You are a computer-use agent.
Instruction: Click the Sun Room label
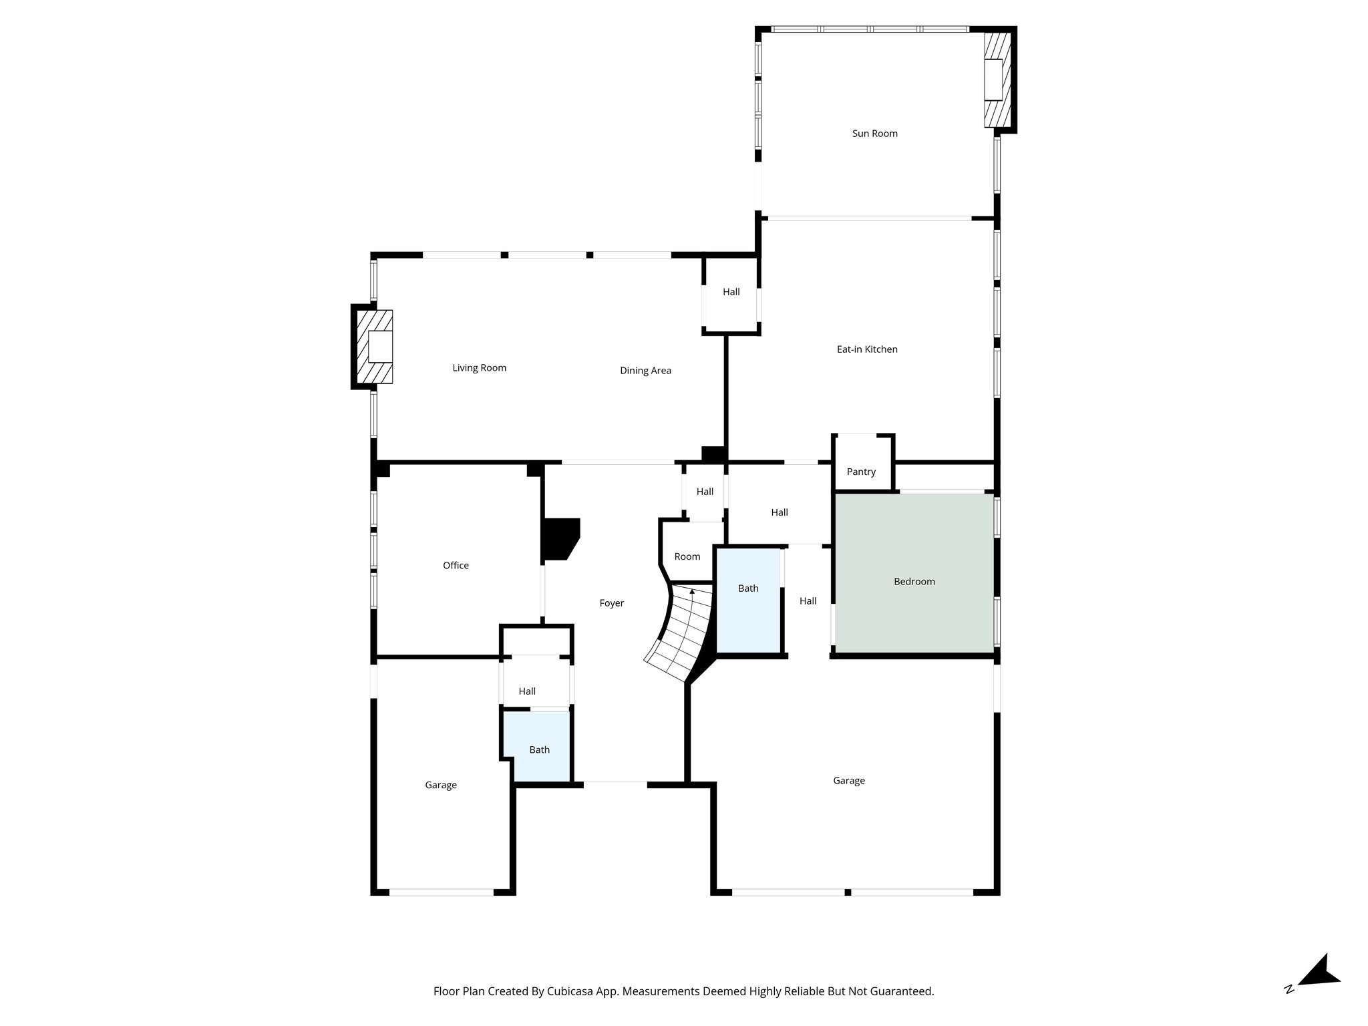[874, 134]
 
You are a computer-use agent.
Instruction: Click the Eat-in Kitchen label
[867, 349]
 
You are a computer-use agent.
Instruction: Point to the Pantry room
[861, 472]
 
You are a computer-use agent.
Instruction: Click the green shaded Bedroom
[914, 582]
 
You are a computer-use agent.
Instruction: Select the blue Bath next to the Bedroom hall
[748, 588]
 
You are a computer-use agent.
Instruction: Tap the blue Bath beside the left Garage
[539, 750]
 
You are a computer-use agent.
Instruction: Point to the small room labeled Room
[687, 556]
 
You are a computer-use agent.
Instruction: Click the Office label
[456, 566]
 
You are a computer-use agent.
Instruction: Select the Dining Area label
[645, 371]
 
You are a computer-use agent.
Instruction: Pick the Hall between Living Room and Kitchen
[731, 292]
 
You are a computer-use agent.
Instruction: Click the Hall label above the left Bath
[527, 691]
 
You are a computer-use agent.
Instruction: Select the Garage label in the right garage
[849, 781]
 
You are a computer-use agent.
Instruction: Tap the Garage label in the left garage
[441, 786]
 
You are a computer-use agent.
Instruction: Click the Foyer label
[611, 603]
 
